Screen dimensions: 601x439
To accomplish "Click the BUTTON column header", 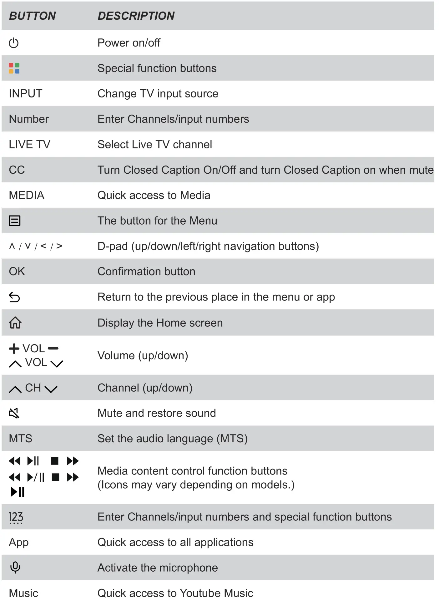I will point(32,16).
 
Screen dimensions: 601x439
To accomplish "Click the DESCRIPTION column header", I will point(136,16).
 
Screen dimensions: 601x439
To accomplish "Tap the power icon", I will point(14,43).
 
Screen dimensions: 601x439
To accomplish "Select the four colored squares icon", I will point(14,68).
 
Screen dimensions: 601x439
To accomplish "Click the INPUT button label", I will point(25,93).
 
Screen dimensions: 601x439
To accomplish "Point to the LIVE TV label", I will point(29,144).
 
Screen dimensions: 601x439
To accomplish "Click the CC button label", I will point(17,170).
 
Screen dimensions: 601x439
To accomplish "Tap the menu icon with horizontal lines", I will point(14,221).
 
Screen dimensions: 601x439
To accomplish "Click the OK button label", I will point(17,271).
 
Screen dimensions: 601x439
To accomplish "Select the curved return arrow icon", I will point(14,297).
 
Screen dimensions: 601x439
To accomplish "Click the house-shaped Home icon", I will point(15,322).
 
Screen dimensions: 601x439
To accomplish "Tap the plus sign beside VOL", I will point(14,348).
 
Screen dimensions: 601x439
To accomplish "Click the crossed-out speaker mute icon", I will point(14,413).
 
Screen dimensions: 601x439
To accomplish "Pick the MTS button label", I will point(20,438).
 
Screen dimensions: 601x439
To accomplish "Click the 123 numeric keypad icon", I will point(16,517).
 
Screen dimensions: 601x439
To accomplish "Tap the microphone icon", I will point(15,567).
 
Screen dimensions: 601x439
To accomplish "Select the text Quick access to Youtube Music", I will point(175,593).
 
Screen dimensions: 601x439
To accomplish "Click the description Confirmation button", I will point(146,271).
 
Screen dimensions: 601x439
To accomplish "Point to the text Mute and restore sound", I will point(157,413).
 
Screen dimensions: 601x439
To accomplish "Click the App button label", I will point(19,542).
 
